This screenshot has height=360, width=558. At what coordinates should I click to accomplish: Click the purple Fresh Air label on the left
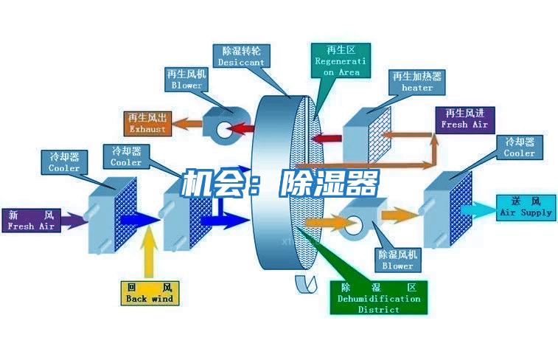(x=31, y=220)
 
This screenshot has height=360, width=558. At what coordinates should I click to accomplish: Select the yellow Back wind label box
(x=150, y=293)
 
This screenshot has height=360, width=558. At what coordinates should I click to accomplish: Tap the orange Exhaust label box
(x=147, y=123)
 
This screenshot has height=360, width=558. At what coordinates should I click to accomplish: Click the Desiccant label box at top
(x=241, y=57)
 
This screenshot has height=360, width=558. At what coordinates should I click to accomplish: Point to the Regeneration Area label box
(x=337, y=60)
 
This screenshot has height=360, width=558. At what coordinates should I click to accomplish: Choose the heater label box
(x=417, y=81)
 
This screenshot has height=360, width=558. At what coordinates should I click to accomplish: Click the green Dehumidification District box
(x=379, y=297)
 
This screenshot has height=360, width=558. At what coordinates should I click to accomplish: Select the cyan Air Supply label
(x=526, y=207)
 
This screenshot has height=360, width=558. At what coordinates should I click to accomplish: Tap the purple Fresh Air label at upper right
(x=464, y=119)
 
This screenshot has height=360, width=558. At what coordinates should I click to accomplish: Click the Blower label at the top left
(x=186, y=80)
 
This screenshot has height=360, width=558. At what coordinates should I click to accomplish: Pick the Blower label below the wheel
(x=397, y=259)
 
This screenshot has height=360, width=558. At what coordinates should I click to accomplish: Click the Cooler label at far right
(x=520, y=147)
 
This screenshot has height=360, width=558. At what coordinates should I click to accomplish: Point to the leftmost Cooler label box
(x=64, y=162)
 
